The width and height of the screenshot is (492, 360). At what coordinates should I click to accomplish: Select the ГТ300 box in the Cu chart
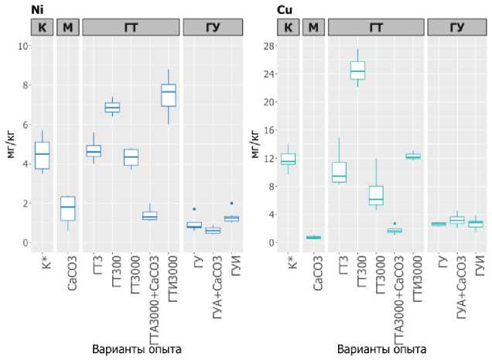pos(357,70)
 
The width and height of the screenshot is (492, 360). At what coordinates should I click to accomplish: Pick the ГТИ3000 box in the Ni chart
pos(169,95)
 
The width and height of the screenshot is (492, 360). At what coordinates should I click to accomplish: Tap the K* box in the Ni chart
pos(42,155)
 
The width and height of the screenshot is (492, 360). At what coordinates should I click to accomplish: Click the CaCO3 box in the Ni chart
pos(67,208)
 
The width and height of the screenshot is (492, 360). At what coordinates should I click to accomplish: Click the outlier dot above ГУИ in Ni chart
pos(210,204)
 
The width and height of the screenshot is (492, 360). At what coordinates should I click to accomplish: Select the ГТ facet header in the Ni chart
pos(131,27)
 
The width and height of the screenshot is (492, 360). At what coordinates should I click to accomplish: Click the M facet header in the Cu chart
pos(313,27)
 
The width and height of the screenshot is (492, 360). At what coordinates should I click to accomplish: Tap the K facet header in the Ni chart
pos(42,27)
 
